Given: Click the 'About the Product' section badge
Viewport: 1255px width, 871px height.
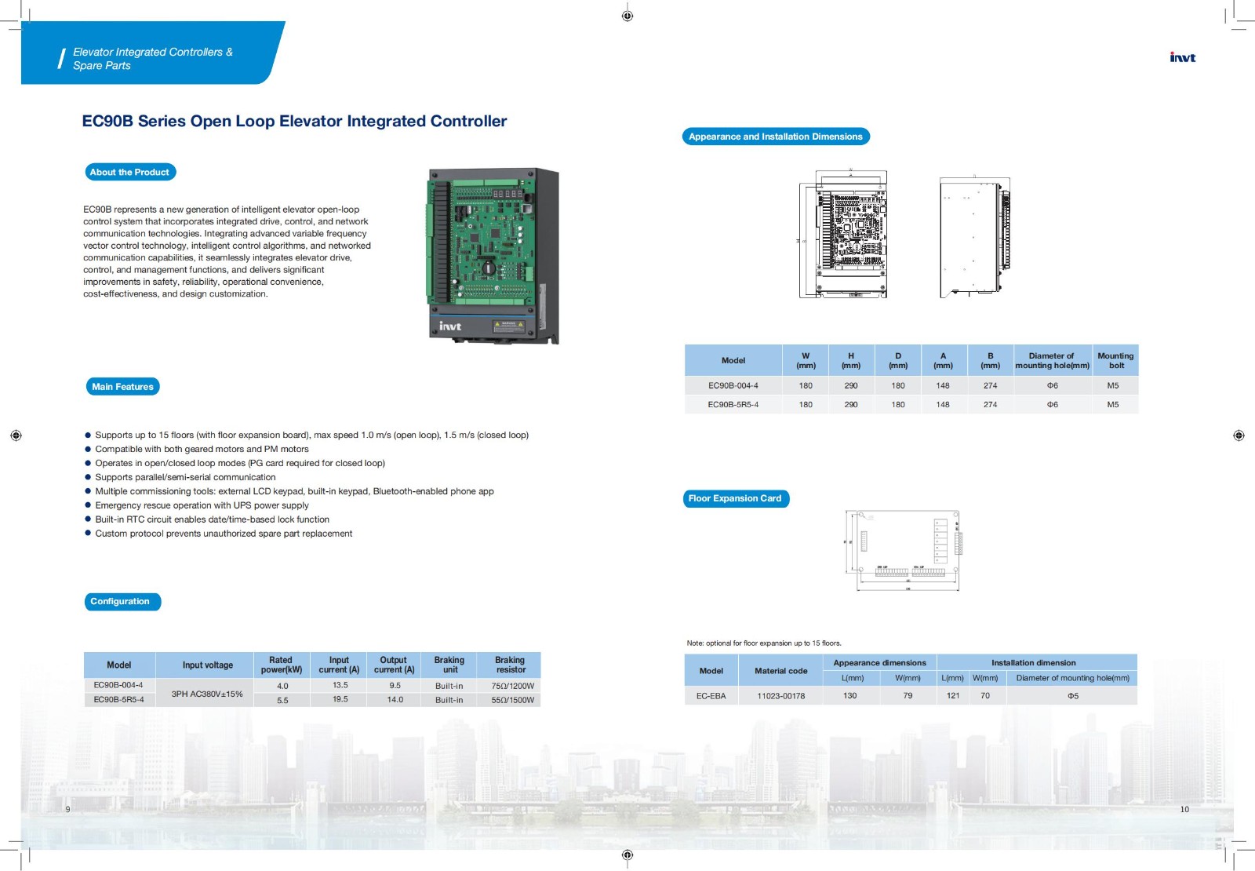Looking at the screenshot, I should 129,172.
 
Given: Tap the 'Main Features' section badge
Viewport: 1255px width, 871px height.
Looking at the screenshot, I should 122,386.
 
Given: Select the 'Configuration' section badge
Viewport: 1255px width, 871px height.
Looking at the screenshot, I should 120,601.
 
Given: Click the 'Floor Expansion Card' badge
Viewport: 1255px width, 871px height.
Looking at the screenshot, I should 735,498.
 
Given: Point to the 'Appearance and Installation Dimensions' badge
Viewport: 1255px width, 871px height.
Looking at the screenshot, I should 775,137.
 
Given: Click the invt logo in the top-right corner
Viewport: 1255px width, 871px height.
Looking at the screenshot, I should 1182,57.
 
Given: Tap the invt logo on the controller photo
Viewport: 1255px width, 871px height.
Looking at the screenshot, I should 450,326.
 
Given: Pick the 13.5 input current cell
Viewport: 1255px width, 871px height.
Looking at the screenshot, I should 340,685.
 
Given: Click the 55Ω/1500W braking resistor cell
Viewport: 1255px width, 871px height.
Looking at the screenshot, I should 512,700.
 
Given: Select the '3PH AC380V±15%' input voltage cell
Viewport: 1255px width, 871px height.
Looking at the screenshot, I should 207,694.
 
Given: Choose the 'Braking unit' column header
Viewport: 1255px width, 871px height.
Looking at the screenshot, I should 449,665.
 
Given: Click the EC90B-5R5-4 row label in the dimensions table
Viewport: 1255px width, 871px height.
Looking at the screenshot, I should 733,405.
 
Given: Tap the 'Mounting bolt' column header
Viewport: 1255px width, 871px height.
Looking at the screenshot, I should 1115,360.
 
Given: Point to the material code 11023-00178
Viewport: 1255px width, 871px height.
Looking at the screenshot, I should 780,696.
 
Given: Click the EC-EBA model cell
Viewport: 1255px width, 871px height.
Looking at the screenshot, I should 711,696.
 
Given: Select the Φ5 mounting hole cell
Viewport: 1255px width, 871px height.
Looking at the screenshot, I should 1072,696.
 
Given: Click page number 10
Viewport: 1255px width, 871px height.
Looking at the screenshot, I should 1184,809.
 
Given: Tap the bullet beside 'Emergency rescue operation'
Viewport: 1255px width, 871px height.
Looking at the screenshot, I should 88,505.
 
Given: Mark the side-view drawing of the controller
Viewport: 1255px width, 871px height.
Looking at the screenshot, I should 973,237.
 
